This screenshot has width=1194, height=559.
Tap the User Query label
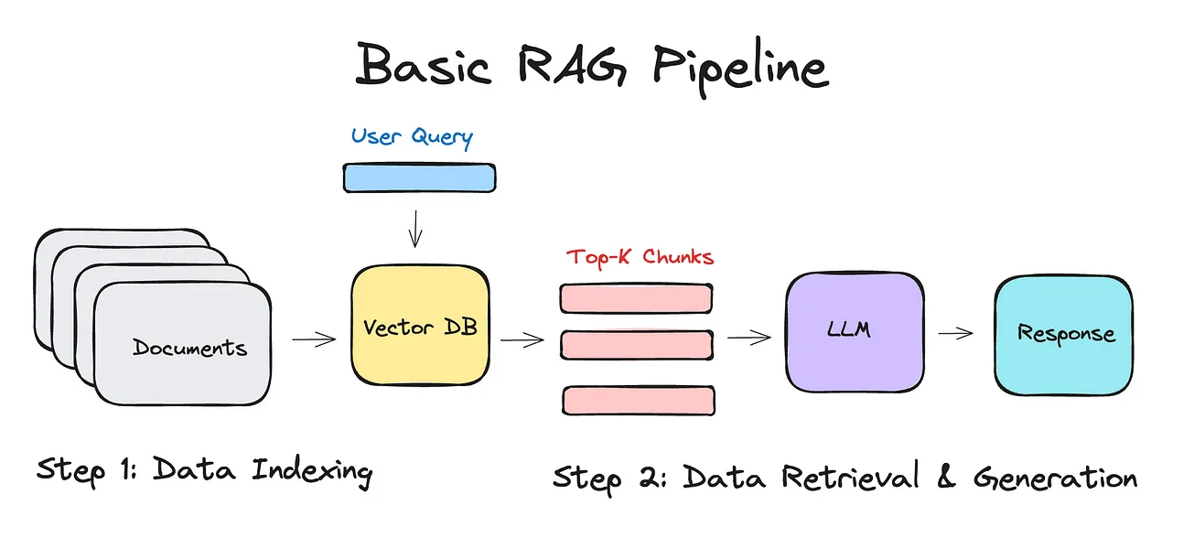pyautogui.click(x=412, y=137)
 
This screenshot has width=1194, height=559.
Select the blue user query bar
pyautogui.click(x=419, y=177)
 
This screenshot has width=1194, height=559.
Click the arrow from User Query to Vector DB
pyautogui.click(x=415, y=228)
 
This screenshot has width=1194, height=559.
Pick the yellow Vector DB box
pyautogui.click(x=420, y=327)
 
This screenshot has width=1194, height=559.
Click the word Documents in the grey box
pyautogui.click(x=189, y=348)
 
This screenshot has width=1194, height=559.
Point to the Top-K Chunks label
pyautogui.click(x=640, y=257)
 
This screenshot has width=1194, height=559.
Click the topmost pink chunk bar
pyautogui.click(x=636, y=297)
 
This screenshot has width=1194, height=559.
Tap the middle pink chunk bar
pyautogui.click(x=636, y=344)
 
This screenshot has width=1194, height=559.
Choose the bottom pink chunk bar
pyautogui.click(x=638, y=400)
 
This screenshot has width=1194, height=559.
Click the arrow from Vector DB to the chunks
pyautogui.click(x=522, y=340)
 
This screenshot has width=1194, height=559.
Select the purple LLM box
pyautogui.click(x=855, y=330)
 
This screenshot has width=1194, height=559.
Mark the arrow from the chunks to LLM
pyautogui.click(x=749, y=338)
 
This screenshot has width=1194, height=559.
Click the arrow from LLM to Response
pyautogui.click(x=955, y=334)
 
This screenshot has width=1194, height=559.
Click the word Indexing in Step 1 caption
pyautogui.click(x=312, y=472)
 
